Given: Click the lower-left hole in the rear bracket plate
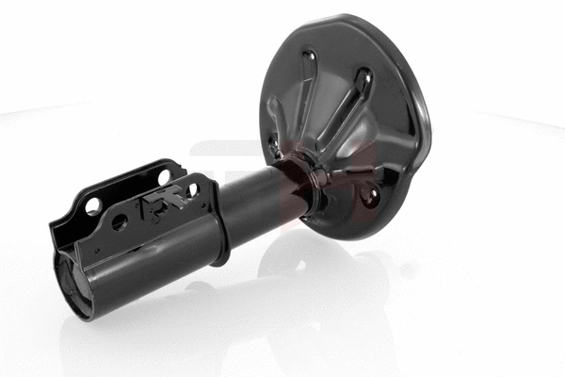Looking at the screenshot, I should pos(94,207).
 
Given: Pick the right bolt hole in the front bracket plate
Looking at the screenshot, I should pos(192,190).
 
